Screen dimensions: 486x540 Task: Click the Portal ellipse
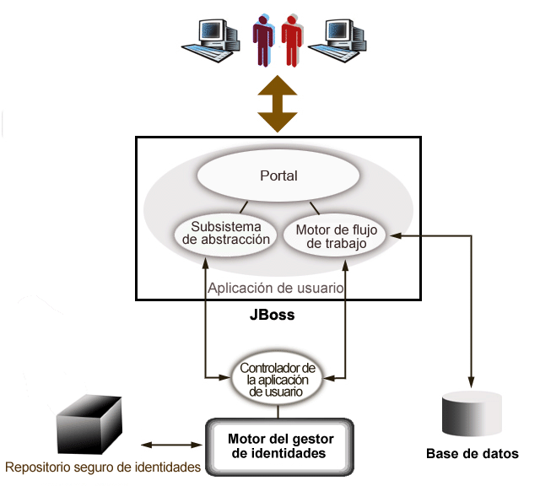pyautogui.click(x=278, y=176)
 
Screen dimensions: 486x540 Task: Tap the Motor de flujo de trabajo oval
pyautogui.click(x=334, y=234)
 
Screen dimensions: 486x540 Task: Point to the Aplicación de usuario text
pyautogui.click(x=275, y=288)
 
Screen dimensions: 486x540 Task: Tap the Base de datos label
pyautogui.click(x=472, y=454)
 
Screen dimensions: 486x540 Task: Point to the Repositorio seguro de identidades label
pyautogui.click(x=102, y=467)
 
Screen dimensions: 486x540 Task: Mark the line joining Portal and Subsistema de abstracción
pyautogui.click(x=243, y=207)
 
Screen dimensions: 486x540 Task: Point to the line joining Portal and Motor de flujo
pyautogui.click(x=314, y=208)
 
